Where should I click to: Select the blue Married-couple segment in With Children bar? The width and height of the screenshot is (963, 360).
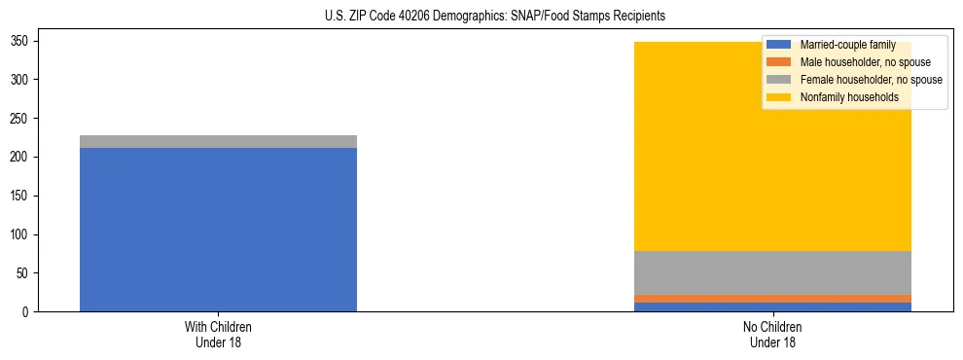coord(218,230)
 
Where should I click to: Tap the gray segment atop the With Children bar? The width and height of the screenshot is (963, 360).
coord(218,141)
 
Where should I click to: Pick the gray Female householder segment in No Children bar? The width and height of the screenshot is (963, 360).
coord(772,272)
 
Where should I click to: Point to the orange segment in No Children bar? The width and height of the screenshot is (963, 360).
coord(772,299)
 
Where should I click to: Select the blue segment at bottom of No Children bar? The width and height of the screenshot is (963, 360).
coord(772,307)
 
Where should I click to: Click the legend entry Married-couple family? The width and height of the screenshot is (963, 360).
coord(846,45)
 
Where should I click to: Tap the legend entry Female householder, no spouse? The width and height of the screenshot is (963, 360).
coord(871,80)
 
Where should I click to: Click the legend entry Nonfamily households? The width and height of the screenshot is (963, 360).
coord(849,97)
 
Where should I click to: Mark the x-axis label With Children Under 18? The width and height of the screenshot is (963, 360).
coord(218,335)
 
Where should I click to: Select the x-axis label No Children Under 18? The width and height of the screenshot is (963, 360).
coord(772,335)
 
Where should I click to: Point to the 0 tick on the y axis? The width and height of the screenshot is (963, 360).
coord(26,312)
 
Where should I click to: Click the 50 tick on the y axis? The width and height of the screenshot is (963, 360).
coord(23,273)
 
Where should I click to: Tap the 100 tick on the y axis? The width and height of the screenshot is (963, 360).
coord(20,234)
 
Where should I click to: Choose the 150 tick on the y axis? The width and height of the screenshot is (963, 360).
coord(20,196)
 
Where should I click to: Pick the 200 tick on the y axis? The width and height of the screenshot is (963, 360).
coord(20,157)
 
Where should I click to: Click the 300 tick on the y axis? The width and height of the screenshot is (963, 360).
coord(20,79)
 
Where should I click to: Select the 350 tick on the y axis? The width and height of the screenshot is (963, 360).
coord(20,41)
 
